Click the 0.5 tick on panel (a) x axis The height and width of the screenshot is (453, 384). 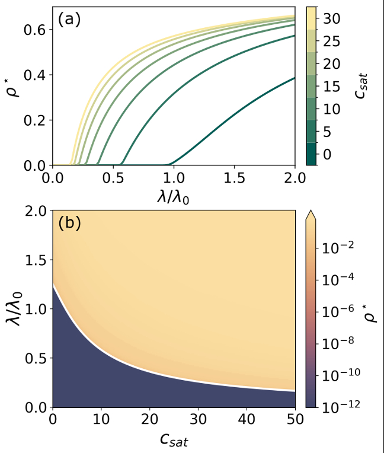pyautogui.click(x=114, y=178)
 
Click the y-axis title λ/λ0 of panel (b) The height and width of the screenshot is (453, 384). pyautogui.click(x=14, y=308)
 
